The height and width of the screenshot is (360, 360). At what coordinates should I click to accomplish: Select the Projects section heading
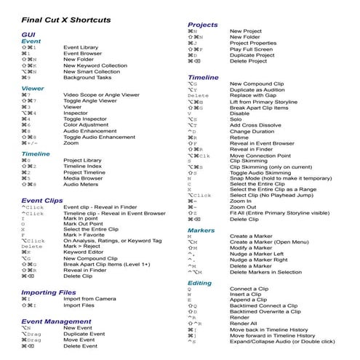click(203, 25)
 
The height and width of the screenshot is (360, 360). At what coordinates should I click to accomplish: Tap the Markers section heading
click(201, 231)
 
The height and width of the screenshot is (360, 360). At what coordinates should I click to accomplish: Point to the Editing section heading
click(200, 282)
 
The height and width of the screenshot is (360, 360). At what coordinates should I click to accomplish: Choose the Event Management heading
click(57, 321)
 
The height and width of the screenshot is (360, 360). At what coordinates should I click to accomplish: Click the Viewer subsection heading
click(33, 88)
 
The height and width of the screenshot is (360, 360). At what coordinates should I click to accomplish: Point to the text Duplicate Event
click(85, 334)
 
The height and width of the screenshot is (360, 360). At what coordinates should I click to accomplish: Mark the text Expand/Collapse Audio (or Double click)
click(282, 341)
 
